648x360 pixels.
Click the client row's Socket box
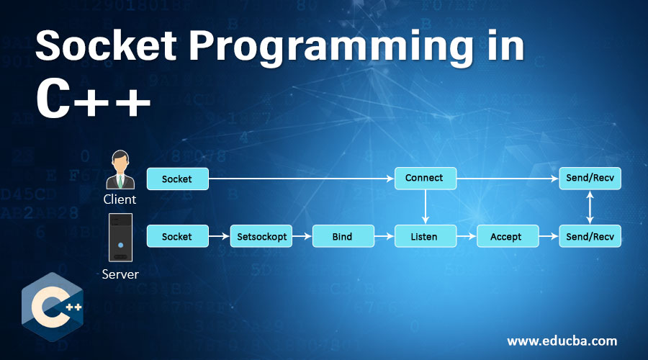[177, 179]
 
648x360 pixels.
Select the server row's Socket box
[177, 236]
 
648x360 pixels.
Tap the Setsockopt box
[261, 236]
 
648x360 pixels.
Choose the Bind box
[343, 236]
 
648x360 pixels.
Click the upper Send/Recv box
[590, 179]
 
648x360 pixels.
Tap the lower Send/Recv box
[590, 236]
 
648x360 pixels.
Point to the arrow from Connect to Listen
[426, 207]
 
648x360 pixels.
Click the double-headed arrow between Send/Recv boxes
[590, 207]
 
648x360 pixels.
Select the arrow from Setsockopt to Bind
[302, 236]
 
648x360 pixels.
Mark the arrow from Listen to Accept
[467, 236]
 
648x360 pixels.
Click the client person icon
[120, 170]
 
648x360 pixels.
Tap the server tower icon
[120, 238]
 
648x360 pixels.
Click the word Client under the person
[120, 199]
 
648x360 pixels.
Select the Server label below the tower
[120, 274]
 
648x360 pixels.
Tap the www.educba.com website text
[562, 341]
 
